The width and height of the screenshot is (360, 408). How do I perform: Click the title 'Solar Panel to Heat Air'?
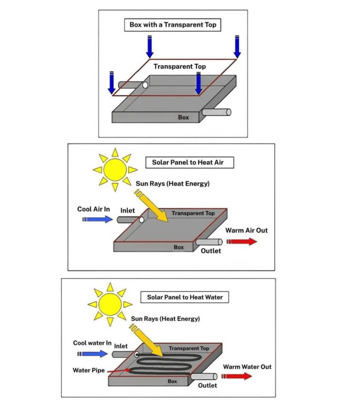[x=188, y=162]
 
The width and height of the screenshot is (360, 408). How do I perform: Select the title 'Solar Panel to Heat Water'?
[x=185, y=297]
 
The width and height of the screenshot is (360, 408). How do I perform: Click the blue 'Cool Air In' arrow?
[x=98, y=219]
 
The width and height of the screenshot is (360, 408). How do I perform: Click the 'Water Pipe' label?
[x=89, y=370]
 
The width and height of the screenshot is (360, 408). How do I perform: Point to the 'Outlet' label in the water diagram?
[x=208, y=385]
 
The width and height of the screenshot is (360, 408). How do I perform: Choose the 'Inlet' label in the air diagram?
[x=127, y=210]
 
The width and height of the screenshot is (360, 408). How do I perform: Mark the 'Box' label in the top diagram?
[x=183, y=117]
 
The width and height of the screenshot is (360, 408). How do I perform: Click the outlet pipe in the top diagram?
[x=216, y=112]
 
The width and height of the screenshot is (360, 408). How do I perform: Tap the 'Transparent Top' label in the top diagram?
[x=180, y=66]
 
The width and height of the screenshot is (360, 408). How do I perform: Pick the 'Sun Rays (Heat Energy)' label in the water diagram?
[x=165, y=319]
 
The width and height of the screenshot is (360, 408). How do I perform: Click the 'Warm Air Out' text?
[x=246, y=231]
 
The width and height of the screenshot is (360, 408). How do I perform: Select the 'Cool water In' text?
[x=92, y=343]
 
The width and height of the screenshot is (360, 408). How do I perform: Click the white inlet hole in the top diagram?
[x=144, y=85]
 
